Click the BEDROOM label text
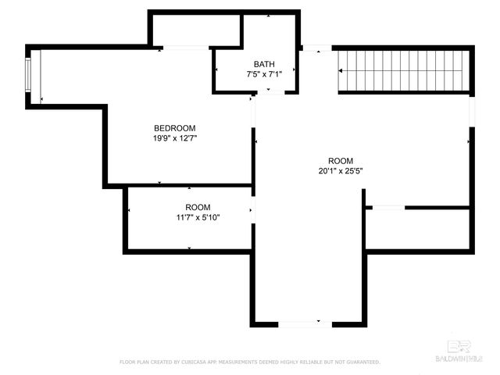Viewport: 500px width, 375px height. coord(174,128)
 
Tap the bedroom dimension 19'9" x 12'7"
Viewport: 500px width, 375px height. coord(174,139)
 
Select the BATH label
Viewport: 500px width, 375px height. coord(264,64)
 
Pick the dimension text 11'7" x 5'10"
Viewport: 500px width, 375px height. coord(197,218)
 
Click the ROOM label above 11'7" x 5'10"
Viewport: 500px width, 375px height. coord(197,207)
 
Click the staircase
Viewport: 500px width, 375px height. coord(405,70)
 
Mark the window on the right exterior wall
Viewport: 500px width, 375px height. coord(471,109)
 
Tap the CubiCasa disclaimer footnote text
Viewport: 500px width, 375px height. coord(249,362)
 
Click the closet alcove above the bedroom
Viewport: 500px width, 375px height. coord(195,30)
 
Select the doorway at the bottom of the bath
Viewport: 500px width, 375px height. coord(271,92)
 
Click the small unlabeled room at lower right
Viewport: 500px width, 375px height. coord(418,228)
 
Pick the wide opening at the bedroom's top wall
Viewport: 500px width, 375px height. coord(185,48)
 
